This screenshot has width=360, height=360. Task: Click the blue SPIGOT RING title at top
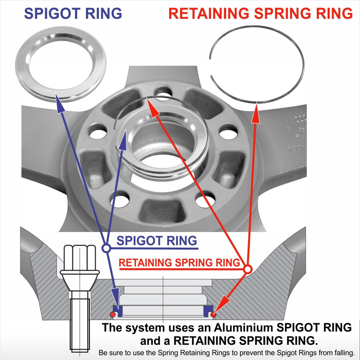tap(73, 13)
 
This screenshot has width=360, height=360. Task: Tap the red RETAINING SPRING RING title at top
tap(260, 13)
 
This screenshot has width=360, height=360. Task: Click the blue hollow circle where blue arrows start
tap(106, 248)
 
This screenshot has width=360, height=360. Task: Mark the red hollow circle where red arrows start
tap(248, 269)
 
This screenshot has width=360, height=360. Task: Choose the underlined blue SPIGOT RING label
tap(156, 241)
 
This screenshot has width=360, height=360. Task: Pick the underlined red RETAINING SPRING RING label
tap(179, 263)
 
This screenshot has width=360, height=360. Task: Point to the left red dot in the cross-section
tap(113, 313)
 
